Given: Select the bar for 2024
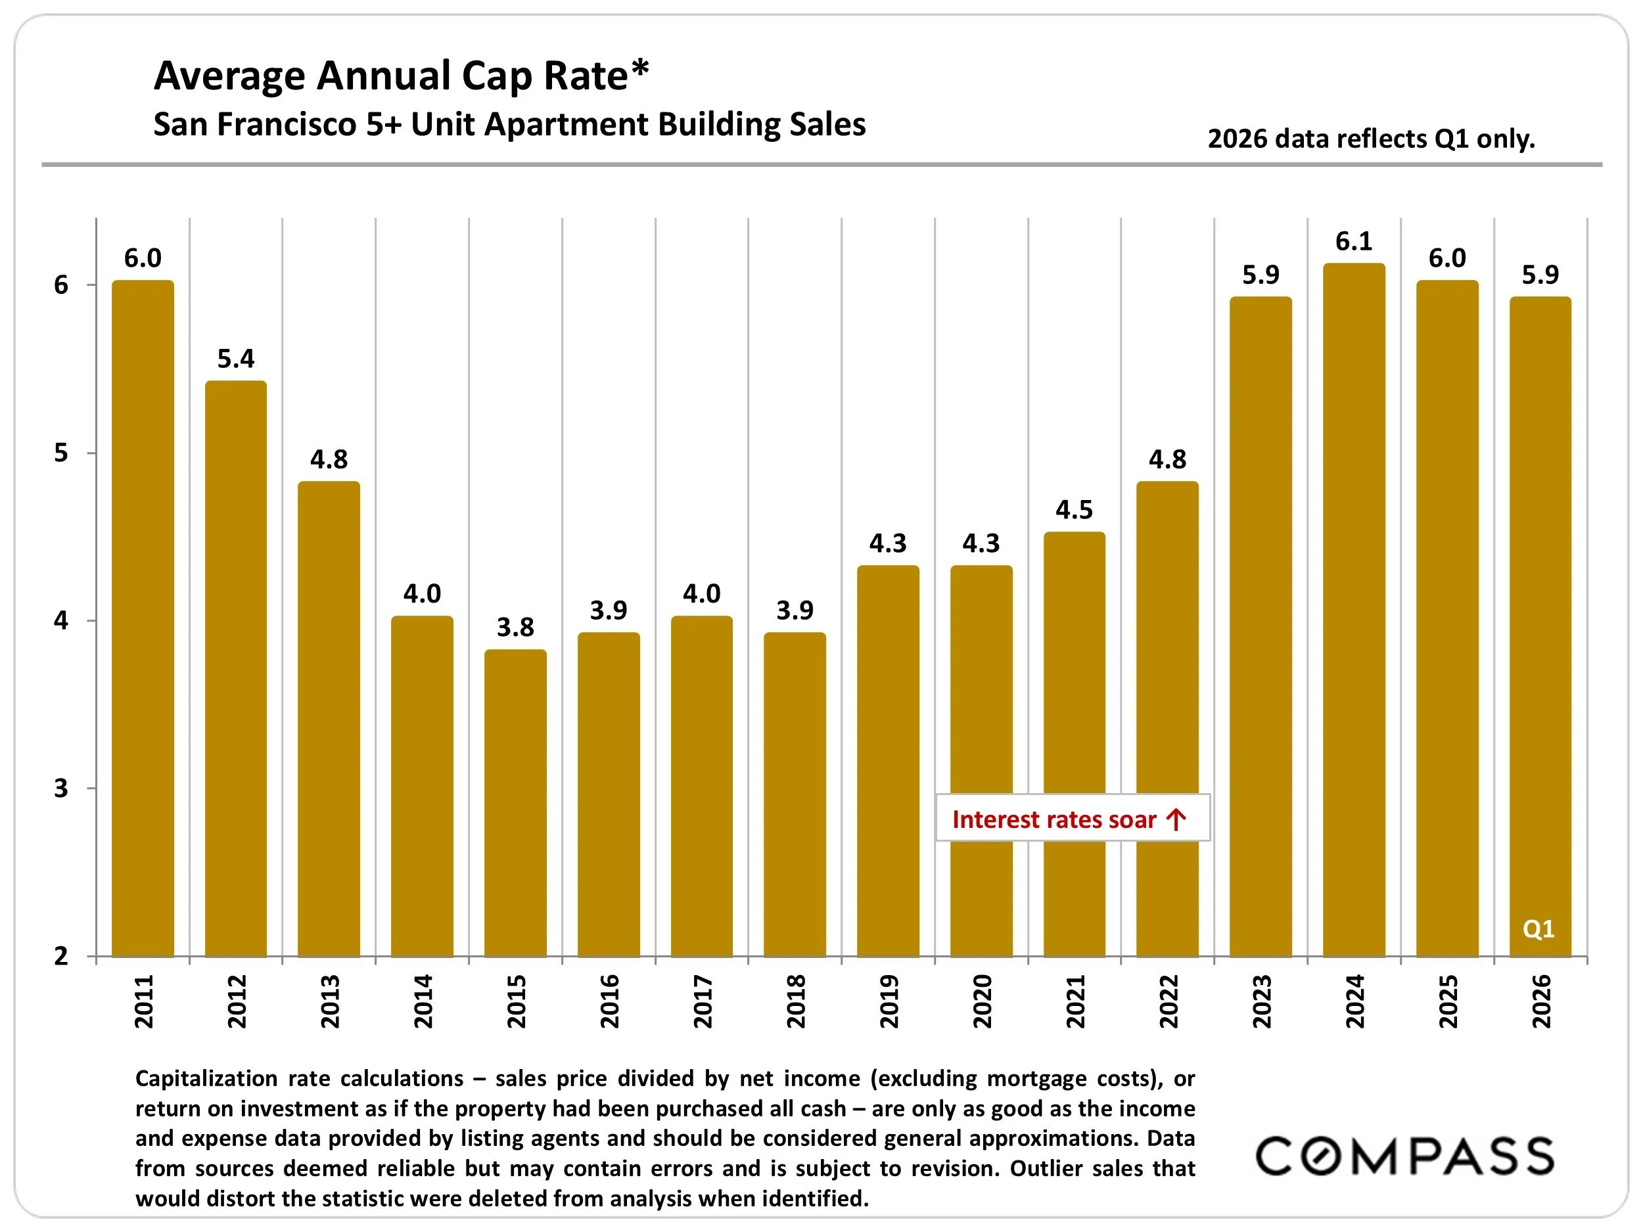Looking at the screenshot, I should pyautogui.click(x=1354, y=609).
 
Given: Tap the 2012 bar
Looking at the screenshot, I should pyautogui.click(x=235, y=668).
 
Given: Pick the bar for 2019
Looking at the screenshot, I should pyautogui.click(x=888, y=761).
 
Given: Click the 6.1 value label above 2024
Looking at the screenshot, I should pyautogui.click(x=1354, y=241).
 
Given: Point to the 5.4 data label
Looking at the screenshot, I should pyautogui.click(x=235, y=359).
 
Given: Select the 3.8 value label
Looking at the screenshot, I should pyautogui.click(x=515, y=627).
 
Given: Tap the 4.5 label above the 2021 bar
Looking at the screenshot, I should pyautogui.click(x=1074, y=510).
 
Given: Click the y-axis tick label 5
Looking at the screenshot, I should pyautogui.click(x=61, y=453).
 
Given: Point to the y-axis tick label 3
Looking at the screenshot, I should pyautogui.click(x=61, y=788).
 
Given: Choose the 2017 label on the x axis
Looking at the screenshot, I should pyautogui.click(x=702, y=1002).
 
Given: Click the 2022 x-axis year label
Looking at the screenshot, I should pyautogui.click(x=1169, y=1002).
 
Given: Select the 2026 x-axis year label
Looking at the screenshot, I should pyautogui.click(x=1541, y=1002).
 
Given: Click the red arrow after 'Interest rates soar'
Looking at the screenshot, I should pyautogui.click(x=1176, y=820).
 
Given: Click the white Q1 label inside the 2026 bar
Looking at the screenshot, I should pyautogui.click(x=1539, y=929).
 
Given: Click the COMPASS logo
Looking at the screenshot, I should pyautogui.click(x=1404, y=1156).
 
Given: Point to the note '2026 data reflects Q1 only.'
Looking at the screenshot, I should pyautogui.click(x=1371, y=139).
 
